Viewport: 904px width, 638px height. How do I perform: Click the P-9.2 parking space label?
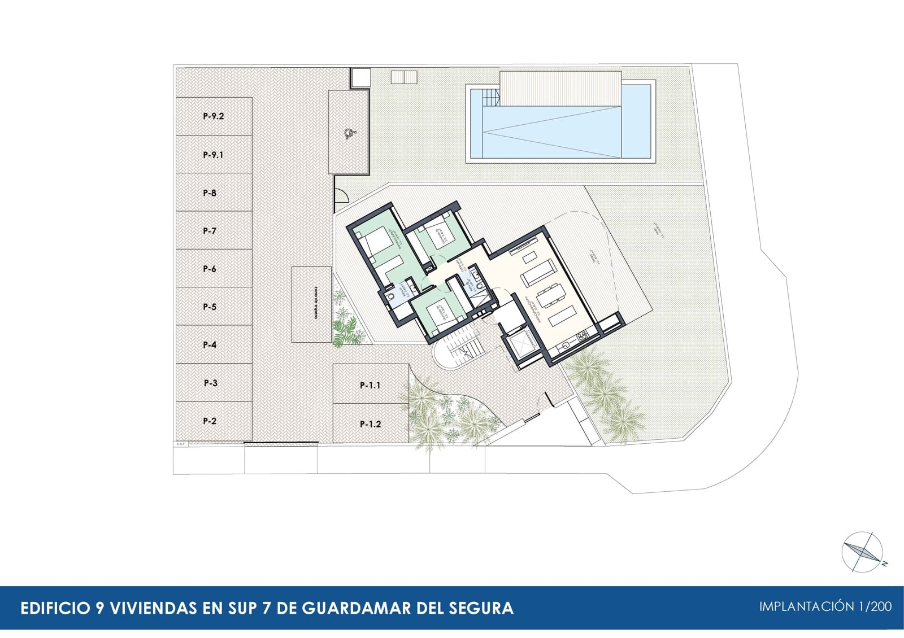point(214,117)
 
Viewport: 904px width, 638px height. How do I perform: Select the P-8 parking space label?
point(210,193)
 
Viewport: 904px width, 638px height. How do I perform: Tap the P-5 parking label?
point(210,307)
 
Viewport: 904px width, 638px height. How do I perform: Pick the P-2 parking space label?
point(210,421)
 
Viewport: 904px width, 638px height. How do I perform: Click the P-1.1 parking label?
point(370,386)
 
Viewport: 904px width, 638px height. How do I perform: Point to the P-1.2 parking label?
point(370,425)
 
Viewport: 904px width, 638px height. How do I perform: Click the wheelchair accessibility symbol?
point(348,134)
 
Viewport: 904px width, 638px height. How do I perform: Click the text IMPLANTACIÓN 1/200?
point(825,607)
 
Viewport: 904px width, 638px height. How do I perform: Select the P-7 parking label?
point(210,231)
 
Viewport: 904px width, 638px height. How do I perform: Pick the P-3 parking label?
point(210,383)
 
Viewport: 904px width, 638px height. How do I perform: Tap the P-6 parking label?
point(210,269)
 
